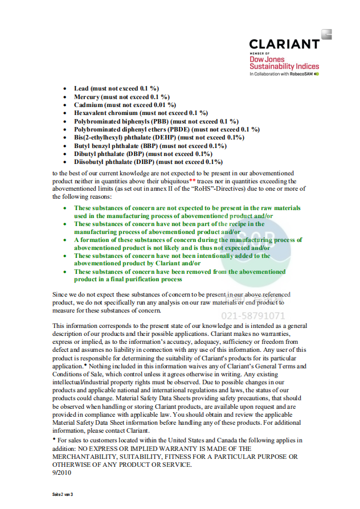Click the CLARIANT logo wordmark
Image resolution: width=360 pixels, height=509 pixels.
click(284, 44)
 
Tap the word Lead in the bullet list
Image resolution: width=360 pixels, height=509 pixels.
click(81, 89)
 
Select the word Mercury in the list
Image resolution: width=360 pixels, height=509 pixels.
click(86, 97)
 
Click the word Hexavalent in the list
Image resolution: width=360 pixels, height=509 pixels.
click(91, 113)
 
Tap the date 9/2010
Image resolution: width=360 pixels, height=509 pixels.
click(62, 473)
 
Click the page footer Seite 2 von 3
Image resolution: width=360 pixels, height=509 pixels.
click(63, 494)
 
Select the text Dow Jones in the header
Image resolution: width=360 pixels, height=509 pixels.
click(267, 59)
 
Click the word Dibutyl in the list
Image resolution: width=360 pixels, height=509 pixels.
click(86, 154)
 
